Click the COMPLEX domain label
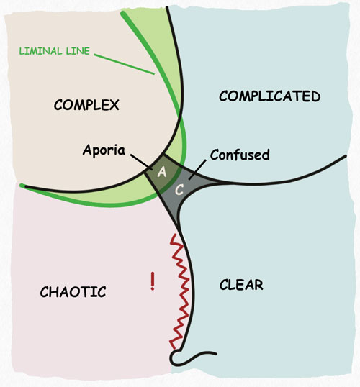coord(86,106)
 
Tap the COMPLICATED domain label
coord(269,96)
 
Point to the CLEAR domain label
coord(240,285)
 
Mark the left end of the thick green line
coord(22,187)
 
